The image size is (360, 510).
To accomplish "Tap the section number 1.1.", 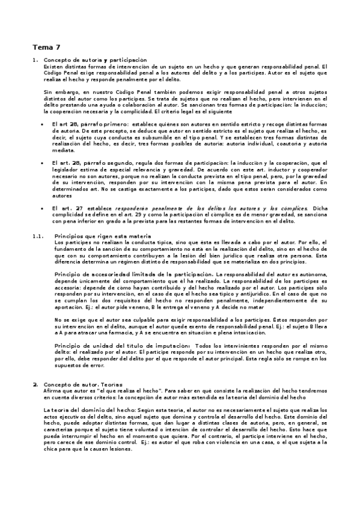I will pos(38,236).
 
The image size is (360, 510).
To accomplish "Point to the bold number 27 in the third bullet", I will pos(79,207).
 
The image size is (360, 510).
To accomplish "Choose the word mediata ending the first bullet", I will pos(63,150).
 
